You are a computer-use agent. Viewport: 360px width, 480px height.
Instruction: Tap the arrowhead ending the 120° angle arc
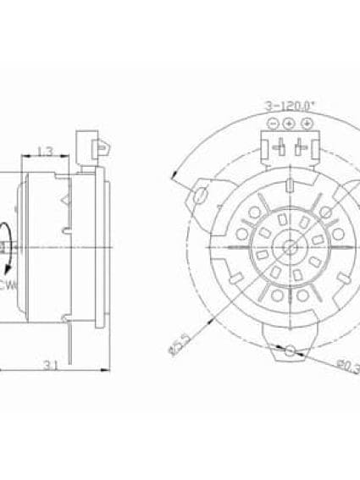point(174,177)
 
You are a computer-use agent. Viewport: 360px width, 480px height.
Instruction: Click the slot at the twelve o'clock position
point(290,185)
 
